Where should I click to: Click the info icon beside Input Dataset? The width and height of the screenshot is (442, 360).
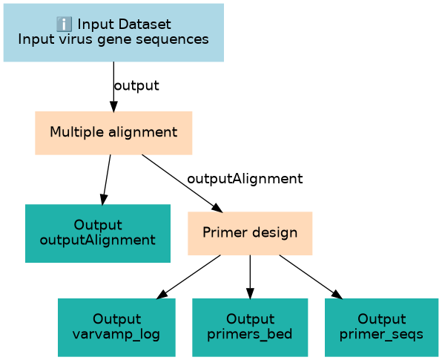click(64, 24)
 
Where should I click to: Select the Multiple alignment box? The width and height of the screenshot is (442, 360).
click(113, 133)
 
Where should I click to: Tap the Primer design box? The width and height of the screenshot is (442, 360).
click(250, 233)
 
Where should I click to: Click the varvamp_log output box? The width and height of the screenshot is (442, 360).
click(116, 327)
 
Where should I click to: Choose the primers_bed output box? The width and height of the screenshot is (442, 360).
click(250, 327)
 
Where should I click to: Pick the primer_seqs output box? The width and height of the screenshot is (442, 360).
click(381, 327)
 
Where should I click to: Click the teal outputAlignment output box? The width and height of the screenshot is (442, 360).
click(98, 233)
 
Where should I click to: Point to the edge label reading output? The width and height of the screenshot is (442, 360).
click(136, 85)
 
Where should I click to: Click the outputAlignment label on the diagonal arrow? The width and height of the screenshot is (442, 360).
click(245, 179)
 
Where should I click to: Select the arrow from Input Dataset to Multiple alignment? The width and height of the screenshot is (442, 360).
click(113, 87)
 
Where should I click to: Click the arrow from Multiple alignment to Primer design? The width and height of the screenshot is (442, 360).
click(182, 183)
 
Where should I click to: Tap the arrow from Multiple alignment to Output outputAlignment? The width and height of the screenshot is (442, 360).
click(107, 180)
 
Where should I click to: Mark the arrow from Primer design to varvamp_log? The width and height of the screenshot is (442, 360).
click(188, 277)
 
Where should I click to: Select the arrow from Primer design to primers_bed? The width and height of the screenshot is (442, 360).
click(250, 277)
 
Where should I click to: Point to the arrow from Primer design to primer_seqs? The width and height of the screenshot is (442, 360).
click(311, 277)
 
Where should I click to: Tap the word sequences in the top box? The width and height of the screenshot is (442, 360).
click(172, 39)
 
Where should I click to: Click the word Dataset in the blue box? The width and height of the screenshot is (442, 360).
click(145, 24)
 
